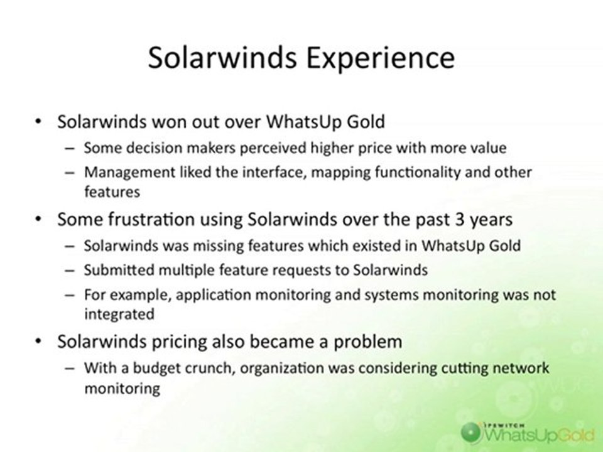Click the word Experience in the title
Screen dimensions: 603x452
tap(380, 58)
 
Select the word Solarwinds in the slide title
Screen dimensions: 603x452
tap(222, 57)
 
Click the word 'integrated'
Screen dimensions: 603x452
tap(119, 314)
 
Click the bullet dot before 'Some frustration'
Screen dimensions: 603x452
tap(38, 220)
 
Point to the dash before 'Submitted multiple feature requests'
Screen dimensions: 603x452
tap(70, 271)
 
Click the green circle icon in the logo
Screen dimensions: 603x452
tap(471, 432)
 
